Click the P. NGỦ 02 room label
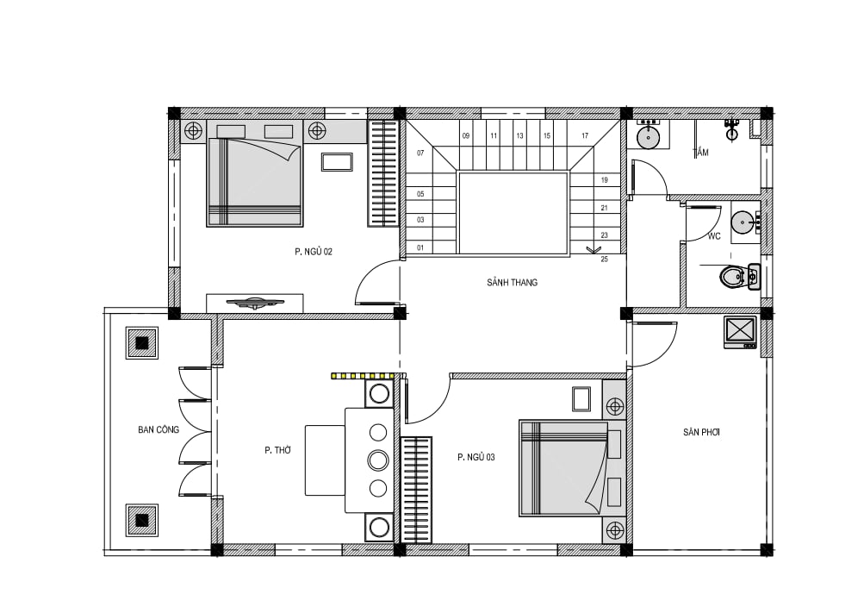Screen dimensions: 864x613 313,252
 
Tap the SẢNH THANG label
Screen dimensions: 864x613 512,282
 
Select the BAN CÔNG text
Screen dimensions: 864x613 159,429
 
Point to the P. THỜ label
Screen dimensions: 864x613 277,450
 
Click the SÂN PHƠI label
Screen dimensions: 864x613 701,432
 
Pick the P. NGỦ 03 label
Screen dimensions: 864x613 476,457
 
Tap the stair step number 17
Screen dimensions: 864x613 585,135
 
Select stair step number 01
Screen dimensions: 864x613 420,247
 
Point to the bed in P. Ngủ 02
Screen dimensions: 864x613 255,182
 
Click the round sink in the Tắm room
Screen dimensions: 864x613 650,136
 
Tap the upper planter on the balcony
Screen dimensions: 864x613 142,343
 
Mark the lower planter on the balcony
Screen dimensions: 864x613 142,520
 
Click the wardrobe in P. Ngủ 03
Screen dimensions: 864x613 416,490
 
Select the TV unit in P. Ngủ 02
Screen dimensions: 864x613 255,303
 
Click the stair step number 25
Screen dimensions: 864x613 605,260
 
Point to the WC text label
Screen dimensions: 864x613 714,236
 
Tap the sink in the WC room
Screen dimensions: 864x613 744,222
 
